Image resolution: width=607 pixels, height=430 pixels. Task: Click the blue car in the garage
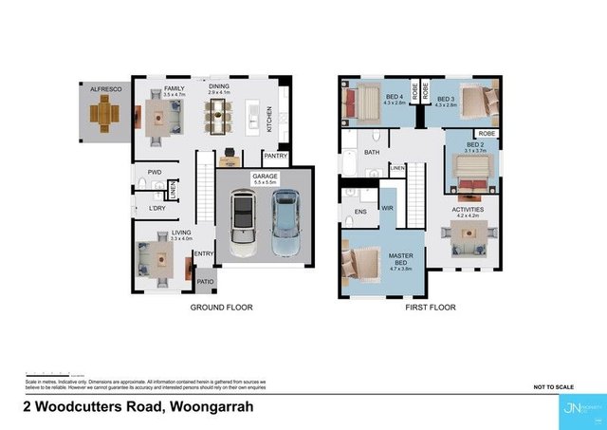point(285,223)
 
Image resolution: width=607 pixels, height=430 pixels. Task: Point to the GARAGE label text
point(264,178)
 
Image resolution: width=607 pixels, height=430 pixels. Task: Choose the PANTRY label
point(276,156)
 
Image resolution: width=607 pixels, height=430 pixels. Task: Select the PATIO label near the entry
point(206,283)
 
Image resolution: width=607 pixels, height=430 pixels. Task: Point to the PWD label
point(155,172)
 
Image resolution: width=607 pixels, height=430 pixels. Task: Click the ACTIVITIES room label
point(468,209)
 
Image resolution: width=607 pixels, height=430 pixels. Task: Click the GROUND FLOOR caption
point(219,308)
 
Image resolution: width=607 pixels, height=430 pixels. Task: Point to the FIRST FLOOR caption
point(430,308)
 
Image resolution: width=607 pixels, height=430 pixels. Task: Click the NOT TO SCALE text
point(554,388)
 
